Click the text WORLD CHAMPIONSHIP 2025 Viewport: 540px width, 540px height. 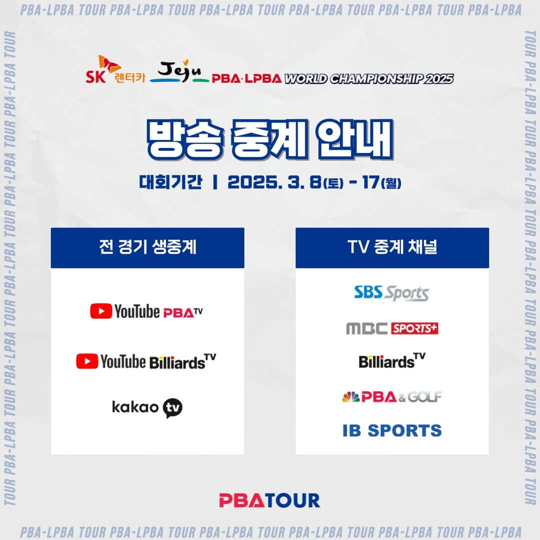click(368, 78)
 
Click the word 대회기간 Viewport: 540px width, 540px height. click(171, 183)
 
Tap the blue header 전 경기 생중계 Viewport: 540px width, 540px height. click(147, 248)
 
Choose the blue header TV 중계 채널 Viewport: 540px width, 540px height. click(392, 248)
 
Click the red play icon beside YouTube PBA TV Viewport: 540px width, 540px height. click(101, 311)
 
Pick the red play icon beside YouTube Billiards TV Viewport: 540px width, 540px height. click(87, 361)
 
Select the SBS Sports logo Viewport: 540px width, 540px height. click(391, 293)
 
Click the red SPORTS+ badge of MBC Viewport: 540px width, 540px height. click(414, 328)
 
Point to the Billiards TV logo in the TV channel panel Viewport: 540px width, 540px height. click(392, 361)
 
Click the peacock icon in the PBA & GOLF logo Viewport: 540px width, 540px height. click(351, 396)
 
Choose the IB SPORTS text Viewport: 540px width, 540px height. click(392, 430)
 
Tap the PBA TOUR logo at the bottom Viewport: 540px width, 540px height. click(269, 500)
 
